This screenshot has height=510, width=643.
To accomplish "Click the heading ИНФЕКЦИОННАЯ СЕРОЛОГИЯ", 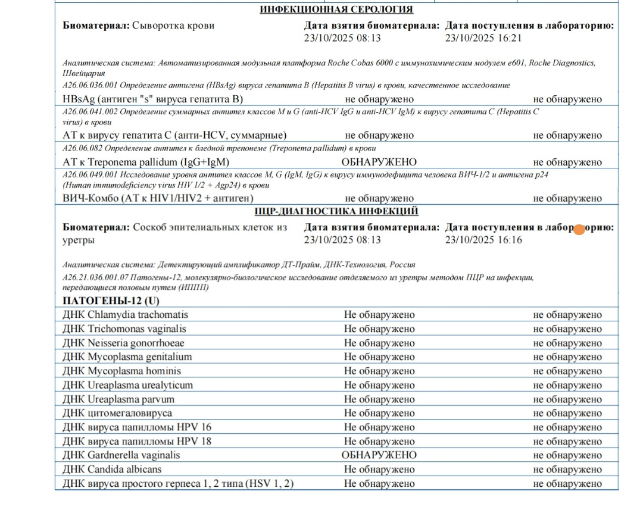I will pos(336,9).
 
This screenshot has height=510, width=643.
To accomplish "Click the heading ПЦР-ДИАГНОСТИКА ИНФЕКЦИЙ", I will pos(336,211).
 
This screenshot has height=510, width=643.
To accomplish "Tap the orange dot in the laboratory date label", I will pos(578,229).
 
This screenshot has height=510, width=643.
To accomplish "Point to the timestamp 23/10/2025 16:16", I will pos(483,240).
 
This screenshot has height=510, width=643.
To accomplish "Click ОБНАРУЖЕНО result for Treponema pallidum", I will pos(379,162).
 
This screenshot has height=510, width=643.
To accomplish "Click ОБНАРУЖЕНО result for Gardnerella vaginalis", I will pos(379,455).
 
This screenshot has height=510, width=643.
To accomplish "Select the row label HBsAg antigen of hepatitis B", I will pos(152,99).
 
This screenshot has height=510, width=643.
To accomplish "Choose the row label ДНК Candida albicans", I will pos(111,470).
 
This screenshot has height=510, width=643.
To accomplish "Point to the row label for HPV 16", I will pos(136,427).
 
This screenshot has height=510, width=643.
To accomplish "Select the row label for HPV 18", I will pos(136,442).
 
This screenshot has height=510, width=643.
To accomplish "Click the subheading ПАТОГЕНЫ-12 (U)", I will pos(111,301).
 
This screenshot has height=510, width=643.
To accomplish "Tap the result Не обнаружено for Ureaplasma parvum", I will pos(379,399).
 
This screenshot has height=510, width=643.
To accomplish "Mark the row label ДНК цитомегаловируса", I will pos(117,413).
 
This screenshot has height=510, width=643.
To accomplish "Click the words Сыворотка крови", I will pos(173,26).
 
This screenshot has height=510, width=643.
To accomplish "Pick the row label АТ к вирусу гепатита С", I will pos(174,135).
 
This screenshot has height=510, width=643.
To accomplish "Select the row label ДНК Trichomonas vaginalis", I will pos(124,329).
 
